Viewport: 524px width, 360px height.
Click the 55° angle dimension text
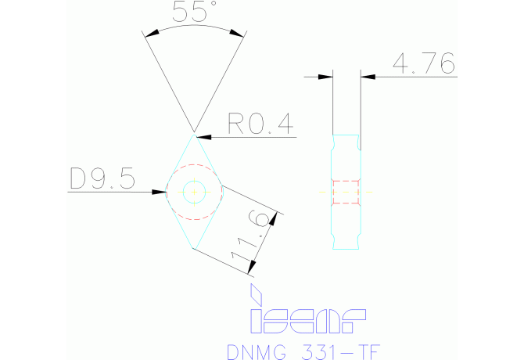[193, 13]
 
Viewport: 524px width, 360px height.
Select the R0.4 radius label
[259, 124]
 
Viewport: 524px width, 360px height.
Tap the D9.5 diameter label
[102, 180]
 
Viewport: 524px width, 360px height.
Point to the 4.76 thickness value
[423, 64]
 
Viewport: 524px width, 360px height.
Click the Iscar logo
[307, 319]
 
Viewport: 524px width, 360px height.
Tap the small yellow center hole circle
[193, 191]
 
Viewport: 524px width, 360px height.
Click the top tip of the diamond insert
[193, 134]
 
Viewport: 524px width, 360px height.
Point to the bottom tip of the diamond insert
[193, 249]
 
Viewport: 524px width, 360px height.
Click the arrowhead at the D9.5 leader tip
[160, 191]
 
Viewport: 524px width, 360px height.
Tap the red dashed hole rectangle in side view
[346, 192]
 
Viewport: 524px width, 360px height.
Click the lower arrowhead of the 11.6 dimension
[251, 269]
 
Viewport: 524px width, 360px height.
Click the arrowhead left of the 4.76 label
[326, 77]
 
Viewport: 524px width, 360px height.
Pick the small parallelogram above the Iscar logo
[254, 294]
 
